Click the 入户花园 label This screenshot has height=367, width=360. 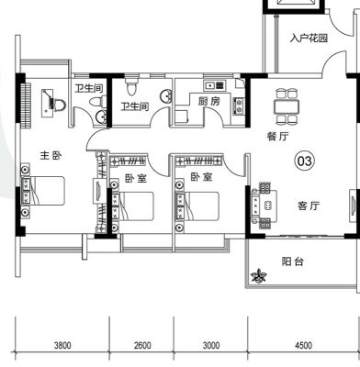(x=309, y=39)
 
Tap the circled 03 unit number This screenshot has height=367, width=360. (x=305, y=161)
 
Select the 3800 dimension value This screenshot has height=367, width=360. (x=62, y=346)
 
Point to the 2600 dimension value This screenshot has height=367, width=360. (x=142, y=346)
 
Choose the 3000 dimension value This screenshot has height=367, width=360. (x=211, y=346)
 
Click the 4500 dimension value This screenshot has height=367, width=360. (x=304, y=346)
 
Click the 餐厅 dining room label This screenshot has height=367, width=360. (x=277, y=137)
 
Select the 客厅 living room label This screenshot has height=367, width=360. (x=309, y=206)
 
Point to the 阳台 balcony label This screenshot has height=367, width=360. (x=292, y=261)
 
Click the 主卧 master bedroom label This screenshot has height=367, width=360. (x=51, y=156)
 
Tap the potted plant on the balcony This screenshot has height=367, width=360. (x=259, y=276)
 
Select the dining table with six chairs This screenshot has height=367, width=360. (x=287, y=106)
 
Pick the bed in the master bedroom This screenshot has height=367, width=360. (x=43, y=191)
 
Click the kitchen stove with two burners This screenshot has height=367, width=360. (x=239, y=106)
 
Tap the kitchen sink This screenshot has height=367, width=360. (x=215, y=85)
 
